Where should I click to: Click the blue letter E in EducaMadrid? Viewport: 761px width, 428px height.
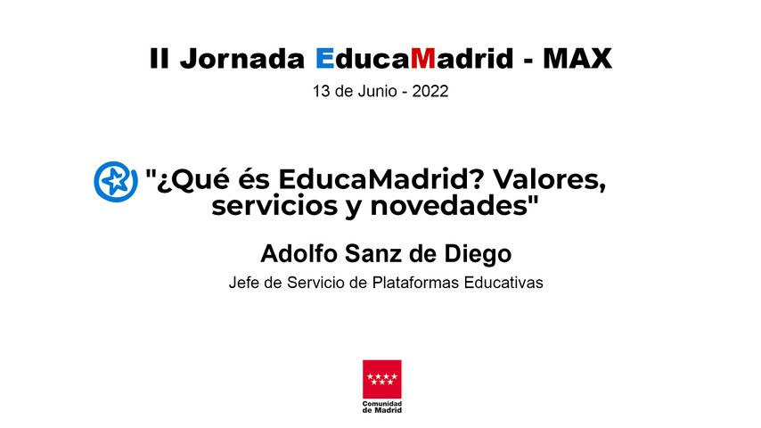pos(324,58)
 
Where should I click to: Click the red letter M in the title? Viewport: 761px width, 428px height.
pos(423,58)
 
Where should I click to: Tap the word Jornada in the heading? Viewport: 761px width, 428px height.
pos(242,58)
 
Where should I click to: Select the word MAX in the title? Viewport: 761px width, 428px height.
pos(577,58)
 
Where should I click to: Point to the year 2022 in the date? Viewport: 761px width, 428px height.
pos(430,91)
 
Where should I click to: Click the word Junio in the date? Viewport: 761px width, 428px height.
pos(377,91)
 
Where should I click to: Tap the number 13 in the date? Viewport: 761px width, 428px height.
pos(322,91)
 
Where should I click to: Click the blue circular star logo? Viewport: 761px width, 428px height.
pos(116,182)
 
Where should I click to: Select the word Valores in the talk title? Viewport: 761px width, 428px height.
pos(550,180)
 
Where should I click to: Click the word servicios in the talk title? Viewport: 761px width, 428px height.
pos(274,207)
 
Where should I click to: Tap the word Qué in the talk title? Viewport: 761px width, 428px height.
pos(199,181)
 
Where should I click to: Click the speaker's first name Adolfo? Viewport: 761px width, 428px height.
pos(299,253)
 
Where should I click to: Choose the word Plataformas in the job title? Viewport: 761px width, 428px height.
pos(416,283)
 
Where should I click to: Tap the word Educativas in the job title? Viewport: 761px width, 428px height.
pos(503,283)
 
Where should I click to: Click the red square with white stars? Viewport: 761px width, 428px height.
pos(382,379)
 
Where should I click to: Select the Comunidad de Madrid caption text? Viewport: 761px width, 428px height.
pos(382,407)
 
